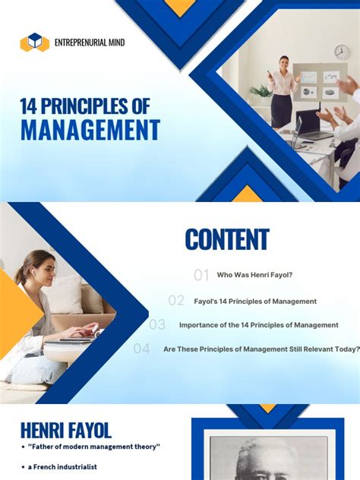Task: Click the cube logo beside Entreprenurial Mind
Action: pos(34,43)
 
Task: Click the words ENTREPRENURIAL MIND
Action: pos(90,43)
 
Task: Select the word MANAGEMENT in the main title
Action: pos(90,129)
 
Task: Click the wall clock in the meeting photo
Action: pos(342,51)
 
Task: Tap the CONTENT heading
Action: pos(226,240)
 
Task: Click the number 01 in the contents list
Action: pos(201,275)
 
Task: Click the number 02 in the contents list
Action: pos(176,301)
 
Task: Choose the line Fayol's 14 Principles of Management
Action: pos(255,301)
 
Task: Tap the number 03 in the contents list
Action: pos(157,325)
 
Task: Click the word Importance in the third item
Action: pos(202,325)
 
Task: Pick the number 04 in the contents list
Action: pos(141,349)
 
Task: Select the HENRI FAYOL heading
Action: pos(66,431)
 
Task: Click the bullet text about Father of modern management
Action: pos(95,447)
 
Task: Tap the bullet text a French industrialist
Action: pos(65,466)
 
